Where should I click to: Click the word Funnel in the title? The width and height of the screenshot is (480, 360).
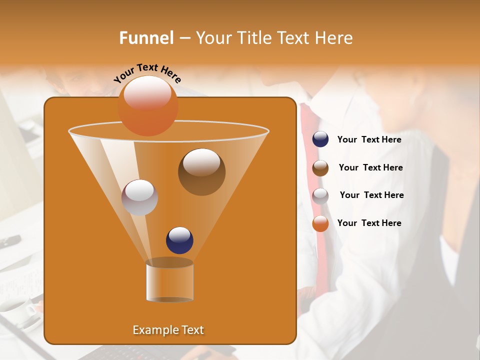pos(146,38)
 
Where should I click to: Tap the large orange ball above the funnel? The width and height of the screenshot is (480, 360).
pos(147,106)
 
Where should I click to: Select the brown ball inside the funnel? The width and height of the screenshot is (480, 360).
pos(201,172)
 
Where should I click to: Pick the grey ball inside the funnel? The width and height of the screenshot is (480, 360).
pos(139,197)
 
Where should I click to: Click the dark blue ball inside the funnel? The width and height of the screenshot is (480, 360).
pos(179,240)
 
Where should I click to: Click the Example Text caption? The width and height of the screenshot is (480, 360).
pos(168,330)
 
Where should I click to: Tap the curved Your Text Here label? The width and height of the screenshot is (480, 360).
pos(147,73)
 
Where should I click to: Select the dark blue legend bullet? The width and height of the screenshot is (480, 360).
pos(320,139)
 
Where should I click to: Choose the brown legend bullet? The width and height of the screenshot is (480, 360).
pos(320,168)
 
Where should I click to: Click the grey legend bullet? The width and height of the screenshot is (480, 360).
pos(320,196)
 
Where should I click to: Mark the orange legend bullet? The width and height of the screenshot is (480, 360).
pos(320,223)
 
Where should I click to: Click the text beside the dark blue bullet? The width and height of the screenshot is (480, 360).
pos(369,140)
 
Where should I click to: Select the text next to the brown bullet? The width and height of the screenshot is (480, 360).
pos(370,168)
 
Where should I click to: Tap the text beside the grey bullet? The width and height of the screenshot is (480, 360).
pos(371,195)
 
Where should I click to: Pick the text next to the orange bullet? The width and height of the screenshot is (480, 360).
pos(369,223)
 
